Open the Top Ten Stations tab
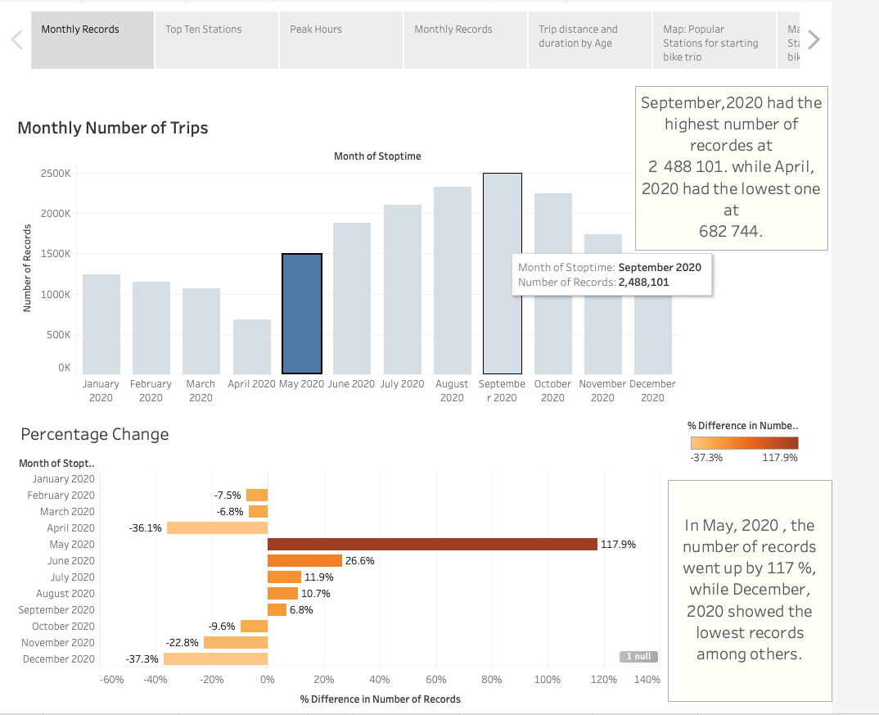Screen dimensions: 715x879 [216, 39]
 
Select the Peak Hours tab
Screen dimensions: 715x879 [340, 39]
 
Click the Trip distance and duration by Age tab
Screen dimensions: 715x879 [589, 39]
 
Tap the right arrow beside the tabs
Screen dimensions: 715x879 [814, 39]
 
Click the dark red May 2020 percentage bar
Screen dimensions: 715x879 [432, 544]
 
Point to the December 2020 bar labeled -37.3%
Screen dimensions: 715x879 [215, 658]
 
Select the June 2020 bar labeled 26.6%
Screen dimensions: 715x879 [304, 560]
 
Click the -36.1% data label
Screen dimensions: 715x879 [146, 528]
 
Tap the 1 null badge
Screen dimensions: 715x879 [638, 656]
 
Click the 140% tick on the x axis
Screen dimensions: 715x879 [647, 679]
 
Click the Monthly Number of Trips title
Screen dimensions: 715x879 [113, 128]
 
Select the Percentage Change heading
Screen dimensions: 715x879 [95, 434]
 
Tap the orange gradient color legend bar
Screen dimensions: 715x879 [744, 443]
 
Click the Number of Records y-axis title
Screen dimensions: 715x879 [27, 269]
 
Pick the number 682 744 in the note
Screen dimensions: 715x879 [731, 231]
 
